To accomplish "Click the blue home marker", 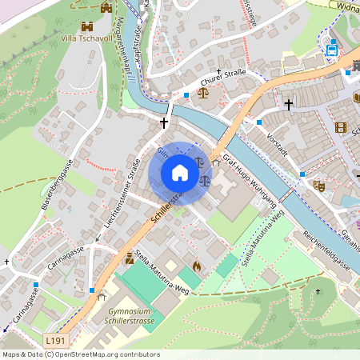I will pyautogui.click(x=180, y=173).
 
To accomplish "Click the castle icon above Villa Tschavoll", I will pyautogui.click(x=106, y=7).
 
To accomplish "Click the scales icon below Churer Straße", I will pyautogui.click(x=202, y=92).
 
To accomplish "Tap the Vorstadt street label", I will pyautogui.click(x=277, y=134).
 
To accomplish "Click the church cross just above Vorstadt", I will pyautogui.click(x=289, y=105).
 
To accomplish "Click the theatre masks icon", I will pyautogui.click(x=318, y=186).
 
